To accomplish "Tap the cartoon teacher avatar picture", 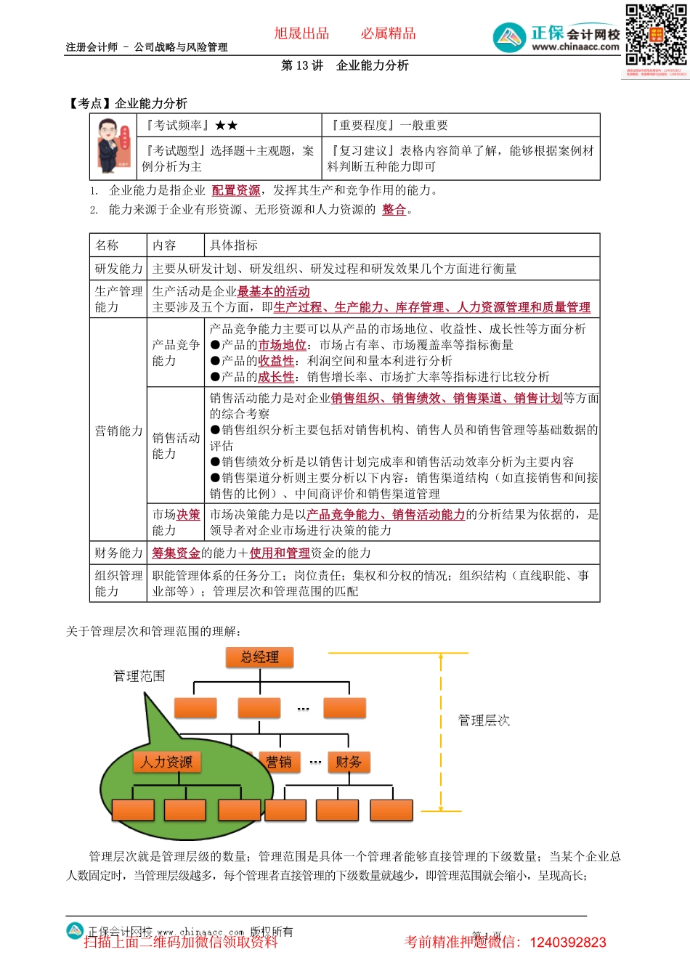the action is tap(114, 146).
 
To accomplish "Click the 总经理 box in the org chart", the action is tap(259, 657).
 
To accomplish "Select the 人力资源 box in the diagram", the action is tap(167, 762).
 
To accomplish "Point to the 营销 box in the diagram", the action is tap(279, 762).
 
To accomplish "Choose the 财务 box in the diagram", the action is tap(349, 762).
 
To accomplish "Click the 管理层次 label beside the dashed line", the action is tap(484, 720).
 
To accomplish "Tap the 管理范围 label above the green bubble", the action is tap(139, 676).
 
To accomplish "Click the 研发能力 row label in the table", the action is tap(119, 269).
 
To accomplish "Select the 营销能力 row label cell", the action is tap(119, 431).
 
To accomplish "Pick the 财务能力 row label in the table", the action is tap(119, 553).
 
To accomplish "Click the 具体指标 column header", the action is tap(234, 245).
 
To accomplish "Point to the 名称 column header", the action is tap(107, 245).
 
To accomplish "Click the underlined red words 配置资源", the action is tap(236, 190).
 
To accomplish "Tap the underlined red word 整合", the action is tap(394, 209).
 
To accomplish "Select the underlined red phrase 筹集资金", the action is tap(176, 553).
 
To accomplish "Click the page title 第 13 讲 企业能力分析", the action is tap(345, 65).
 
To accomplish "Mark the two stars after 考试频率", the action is tap(227, 125).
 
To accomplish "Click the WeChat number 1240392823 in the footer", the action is tap(568, 943).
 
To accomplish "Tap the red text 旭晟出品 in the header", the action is tap(301, 33).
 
